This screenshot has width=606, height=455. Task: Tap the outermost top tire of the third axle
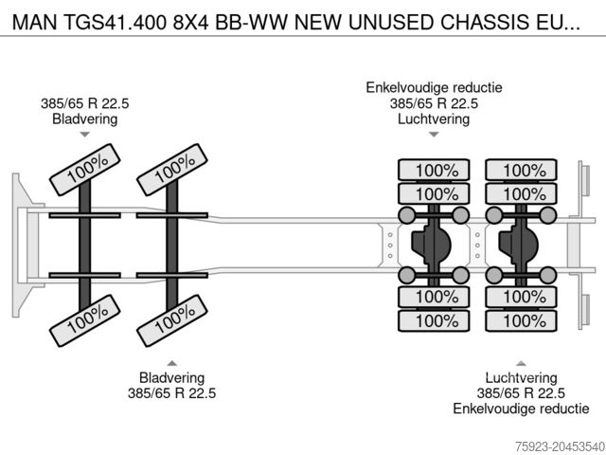pos(434,171)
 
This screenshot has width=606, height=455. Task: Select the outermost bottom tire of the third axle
pos(434,319)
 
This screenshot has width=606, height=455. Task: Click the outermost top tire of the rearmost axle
pos(518,171)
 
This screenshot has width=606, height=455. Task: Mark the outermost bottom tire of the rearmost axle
pos(518,319)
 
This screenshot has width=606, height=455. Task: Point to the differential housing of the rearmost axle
pos(519,245)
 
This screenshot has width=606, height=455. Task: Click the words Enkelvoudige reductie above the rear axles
pos(435,88)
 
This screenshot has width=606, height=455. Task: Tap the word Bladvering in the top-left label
pos(85,119)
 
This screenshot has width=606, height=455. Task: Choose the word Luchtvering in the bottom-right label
pos(521,377)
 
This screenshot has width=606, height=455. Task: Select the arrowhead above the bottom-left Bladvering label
pos(171,362)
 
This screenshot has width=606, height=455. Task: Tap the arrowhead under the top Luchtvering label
pos(434,135)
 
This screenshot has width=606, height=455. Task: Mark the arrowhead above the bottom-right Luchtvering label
pos(521,362)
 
